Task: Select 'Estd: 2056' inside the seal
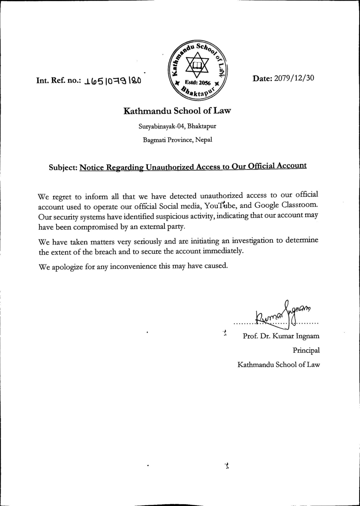point(197,83)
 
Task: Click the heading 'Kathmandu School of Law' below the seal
point(177,111)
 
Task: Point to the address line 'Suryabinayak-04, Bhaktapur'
point(177,126)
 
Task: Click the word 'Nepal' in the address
point(204,140)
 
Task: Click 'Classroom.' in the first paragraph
point(300,204)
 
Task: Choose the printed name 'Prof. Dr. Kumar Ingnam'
point(281,336)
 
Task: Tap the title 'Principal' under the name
point(306,350)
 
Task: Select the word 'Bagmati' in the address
point(154,140)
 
